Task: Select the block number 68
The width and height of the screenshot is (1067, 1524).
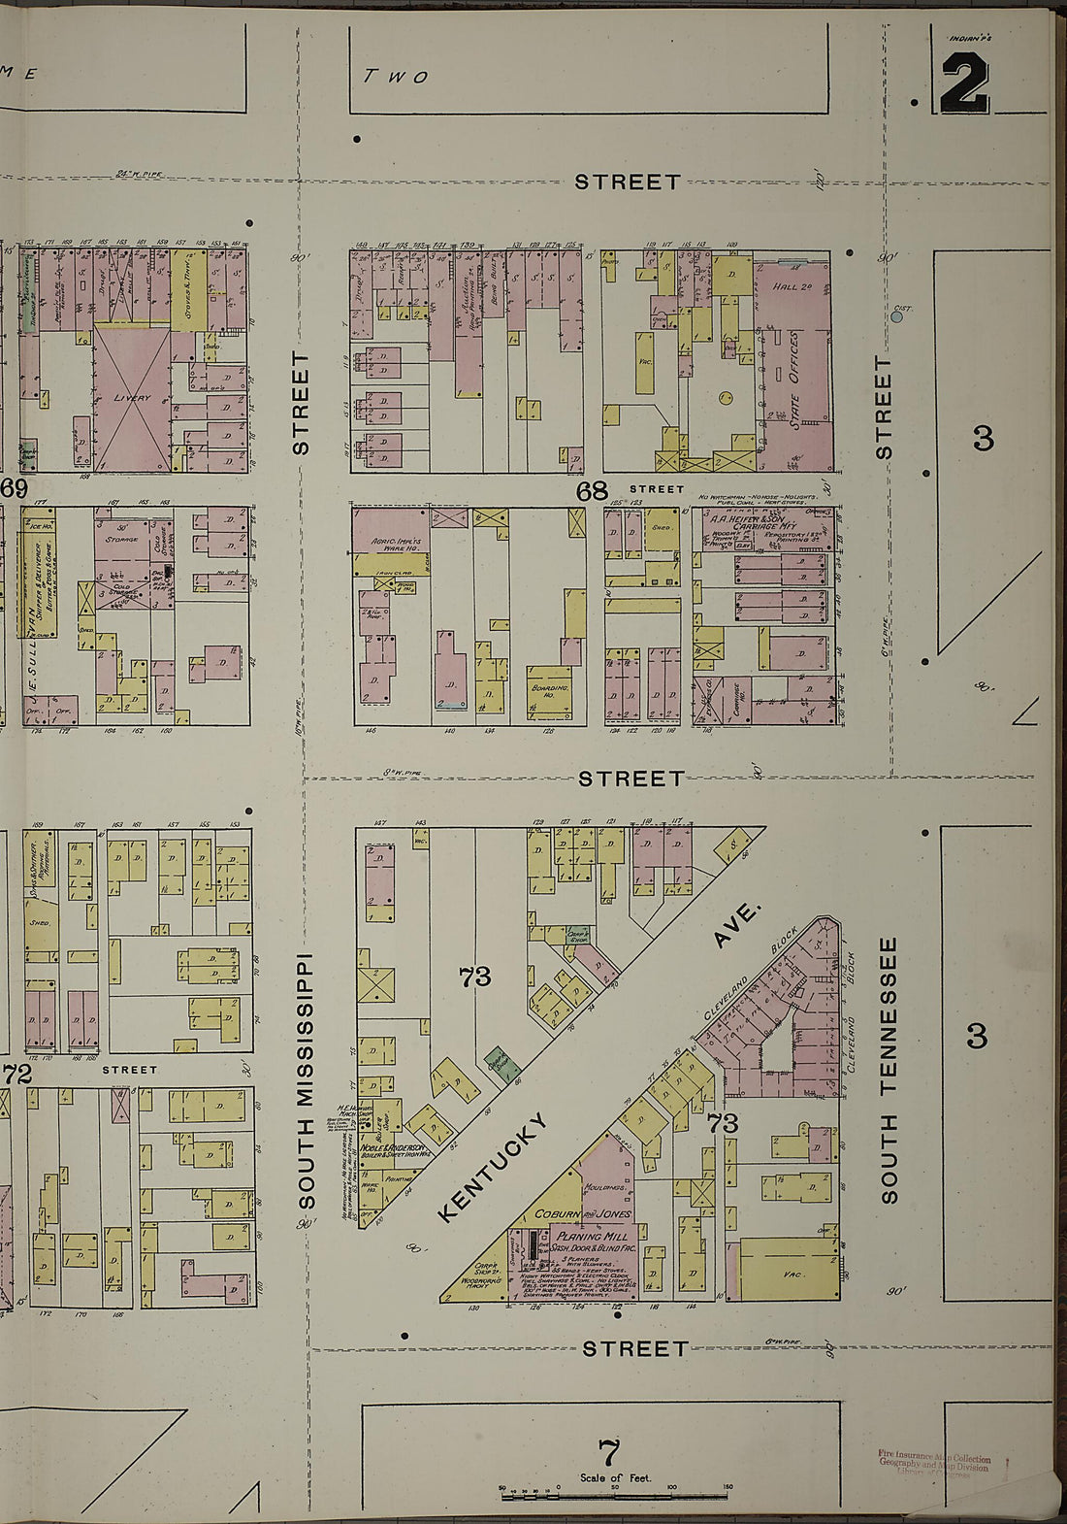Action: tap(592, 491)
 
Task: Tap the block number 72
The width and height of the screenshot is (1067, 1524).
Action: tap(17, 1074)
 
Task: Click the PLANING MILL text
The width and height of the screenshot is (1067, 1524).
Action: tap(593, 1238)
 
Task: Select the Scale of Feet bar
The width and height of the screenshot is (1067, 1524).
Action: tap(616, 1495)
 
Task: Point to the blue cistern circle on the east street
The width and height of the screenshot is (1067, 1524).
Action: tap(897, 316)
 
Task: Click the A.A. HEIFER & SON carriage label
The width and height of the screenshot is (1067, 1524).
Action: tap(760, 519)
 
